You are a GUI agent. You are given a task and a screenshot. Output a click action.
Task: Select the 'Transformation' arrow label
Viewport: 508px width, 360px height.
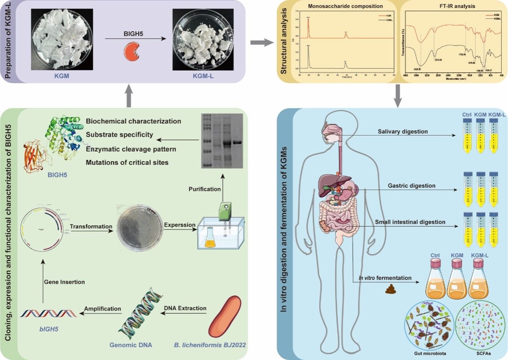pos(91,226)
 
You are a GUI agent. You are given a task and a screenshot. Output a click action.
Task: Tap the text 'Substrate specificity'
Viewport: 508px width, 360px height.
pos(119,135)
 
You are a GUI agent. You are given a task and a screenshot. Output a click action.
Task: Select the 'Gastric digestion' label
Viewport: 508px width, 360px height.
pos(411,186)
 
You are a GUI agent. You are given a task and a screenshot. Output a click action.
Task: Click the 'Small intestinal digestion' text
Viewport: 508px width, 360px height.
pos(410,222)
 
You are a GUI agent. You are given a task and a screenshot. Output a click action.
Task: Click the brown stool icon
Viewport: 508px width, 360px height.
pos(390,289)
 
